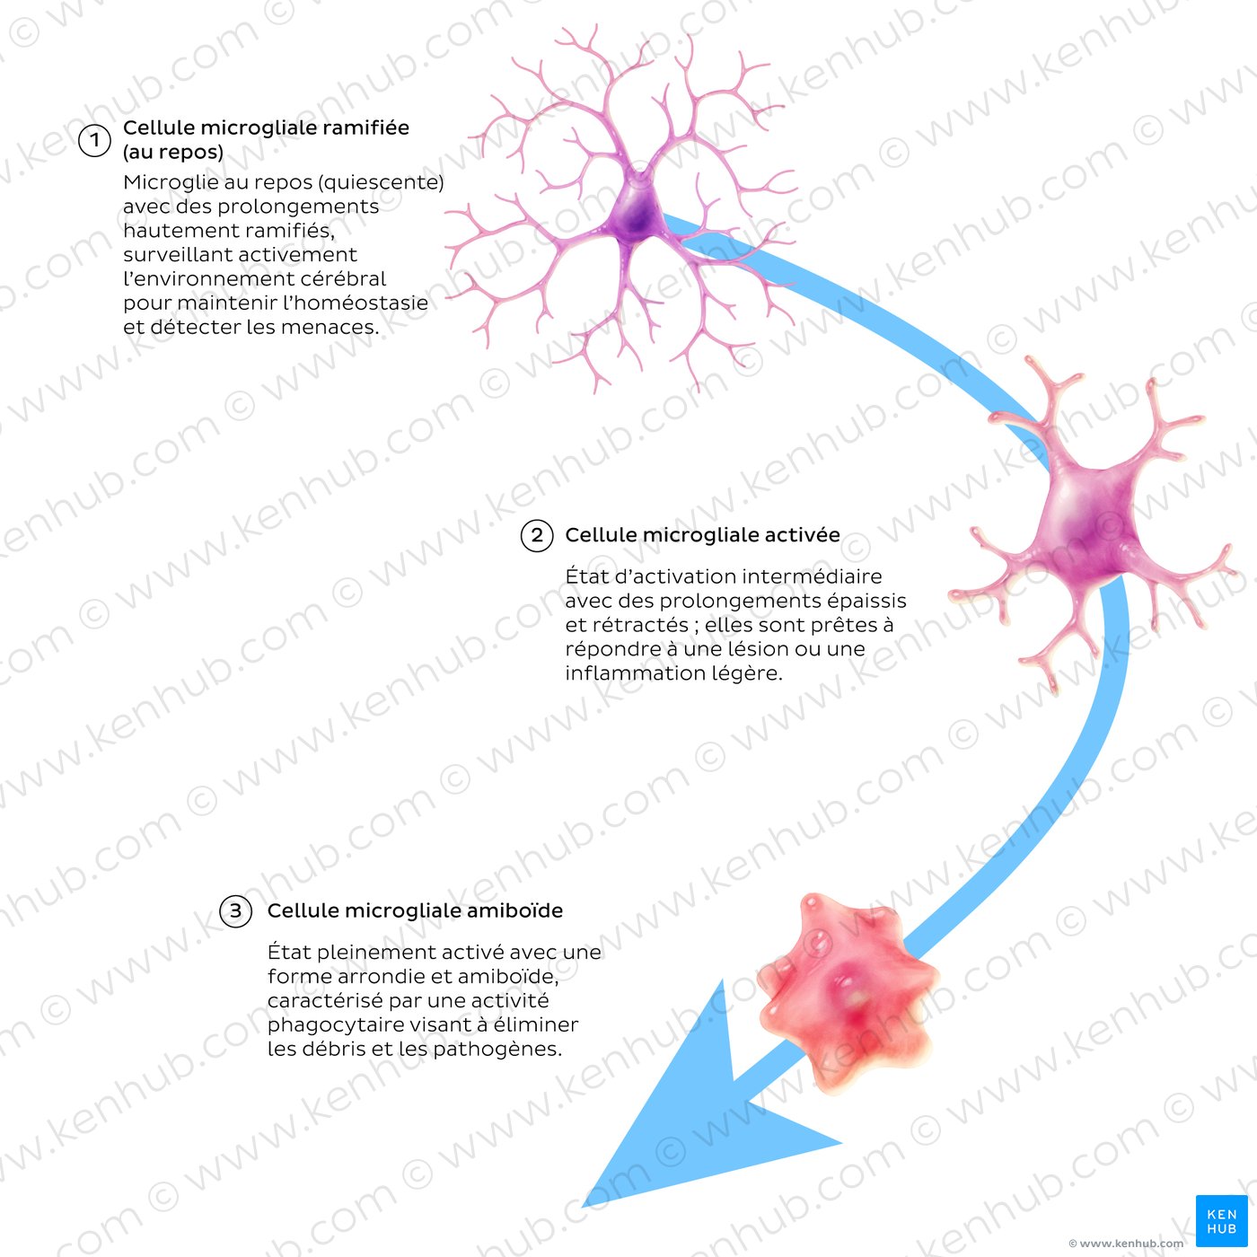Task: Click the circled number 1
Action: click(94, 141)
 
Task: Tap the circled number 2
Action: click(537, 535)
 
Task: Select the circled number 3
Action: click(235, 911)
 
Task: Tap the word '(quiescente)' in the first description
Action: click(381, 182)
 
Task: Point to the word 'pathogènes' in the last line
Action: click(495, 1050)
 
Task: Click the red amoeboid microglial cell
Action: click(848, 991)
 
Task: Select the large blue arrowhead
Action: click(698, 1115)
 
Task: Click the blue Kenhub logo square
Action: click(1221, 1220)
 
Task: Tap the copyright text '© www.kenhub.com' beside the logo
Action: click(1125, 1244)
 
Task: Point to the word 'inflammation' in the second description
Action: click(630, 673)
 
